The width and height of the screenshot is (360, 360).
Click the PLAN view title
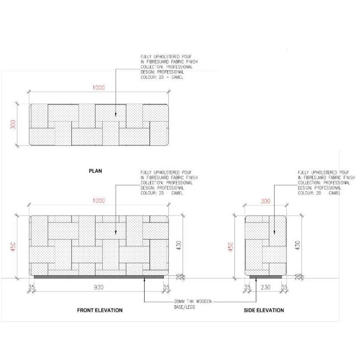[95, 171]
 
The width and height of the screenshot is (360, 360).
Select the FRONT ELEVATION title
[100, 310]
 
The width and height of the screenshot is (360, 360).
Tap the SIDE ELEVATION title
[264, 310]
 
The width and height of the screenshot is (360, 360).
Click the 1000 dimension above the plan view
[99, 88]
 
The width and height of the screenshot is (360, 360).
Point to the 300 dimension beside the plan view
[13, 125]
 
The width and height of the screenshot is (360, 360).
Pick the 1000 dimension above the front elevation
[99, 201]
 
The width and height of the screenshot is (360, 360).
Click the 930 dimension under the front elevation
[99, 287]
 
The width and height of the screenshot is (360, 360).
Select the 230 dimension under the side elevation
[265, 287]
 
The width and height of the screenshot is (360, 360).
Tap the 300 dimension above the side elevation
[265, 201]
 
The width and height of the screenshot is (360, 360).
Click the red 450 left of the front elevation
[13, 247]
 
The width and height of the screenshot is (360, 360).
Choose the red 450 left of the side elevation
[230, 247]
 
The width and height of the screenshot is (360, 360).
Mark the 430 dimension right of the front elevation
[179, 245]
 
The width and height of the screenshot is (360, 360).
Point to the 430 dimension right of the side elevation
[297, 245]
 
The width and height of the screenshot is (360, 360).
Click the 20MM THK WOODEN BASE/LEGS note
[193, 304]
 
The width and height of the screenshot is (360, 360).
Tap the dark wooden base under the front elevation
[99, 277]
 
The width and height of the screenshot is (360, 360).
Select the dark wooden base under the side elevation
[265, 277]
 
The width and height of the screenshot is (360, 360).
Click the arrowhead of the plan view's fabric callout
[116, 114]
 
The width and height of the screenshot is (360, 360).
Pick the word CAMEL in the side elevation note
[335, 193]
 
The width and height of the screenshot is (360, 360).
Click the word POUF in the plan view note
[187, 57]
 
